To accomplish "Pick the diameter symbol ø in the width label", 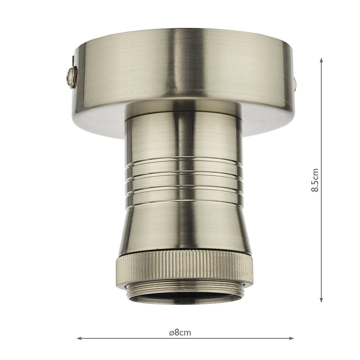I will click(x=171, y=333).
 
